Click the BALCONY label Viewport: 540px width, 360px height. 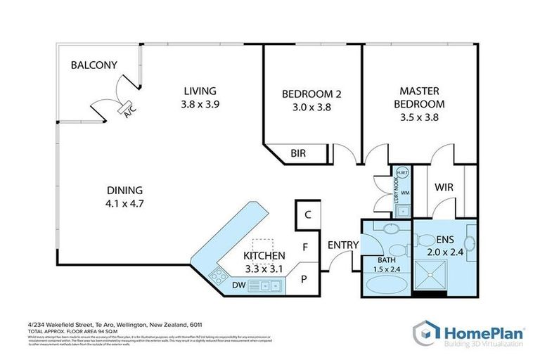click(x=94, y=65)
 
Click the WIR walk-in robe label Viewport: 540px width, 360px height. click(x=444, y=188)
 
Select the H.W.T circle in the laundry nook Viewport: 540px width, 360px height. click(x=403, y=174)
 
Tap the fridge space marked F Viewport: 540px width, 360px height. click(x=305, y=247)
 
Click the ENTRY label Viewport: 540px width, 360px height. click(x=343, y=245)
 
